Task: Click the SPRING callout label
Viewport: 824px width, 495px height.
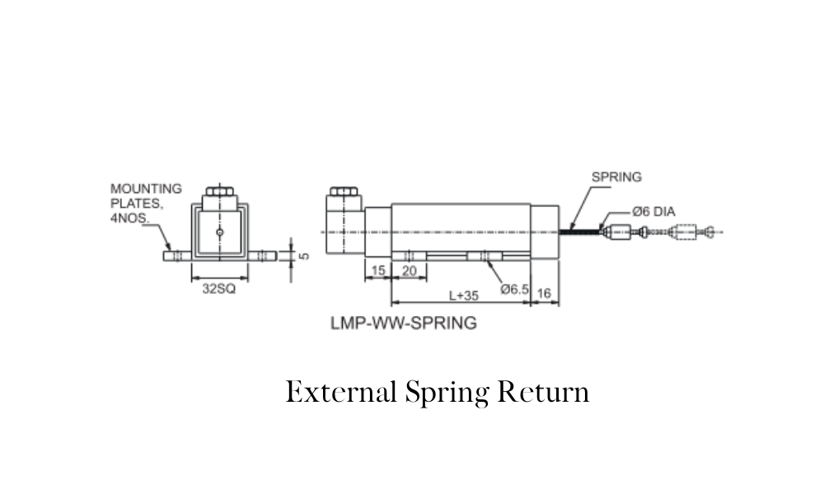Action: [616, 177]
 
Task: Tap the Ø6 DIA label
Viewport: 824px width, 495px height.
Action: [653, 211]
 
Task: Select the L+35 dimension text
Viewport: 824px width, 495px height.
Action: [463, 295]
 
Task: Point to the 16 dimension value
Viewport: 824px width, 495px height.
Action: [545, 293]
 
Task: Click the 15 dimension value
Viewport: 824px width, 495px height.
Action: [378, 271]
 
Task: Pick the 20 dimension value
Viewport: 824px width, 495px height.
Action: [409, 271]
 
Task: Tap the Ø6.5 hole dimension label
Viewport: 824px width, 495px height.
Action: [514, 290]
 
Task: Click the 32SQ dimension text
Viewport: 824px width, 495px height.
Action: [219, 289]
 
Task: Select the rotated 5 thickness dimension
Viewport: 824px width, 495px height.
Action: [304, 257]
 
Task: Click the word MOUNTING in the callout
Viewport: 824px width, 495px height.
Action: [146, 188]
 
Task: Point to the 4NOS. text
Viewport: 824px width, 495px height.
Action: [130, 218]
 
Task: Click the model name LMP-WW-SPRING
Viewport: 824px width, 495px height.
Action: [404, 323]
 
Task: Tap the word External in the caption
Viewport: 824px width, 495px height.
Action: [341, 392]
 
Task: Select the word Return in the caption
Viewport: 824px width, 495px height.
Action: [543, 392]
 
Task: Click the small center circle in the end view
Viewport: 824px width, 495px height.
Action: [220, 232]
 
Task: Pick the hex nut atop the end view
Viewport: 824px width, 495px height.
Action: [220, 191]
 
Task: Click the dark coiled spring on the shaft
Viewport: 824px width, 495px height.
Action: [579, 231]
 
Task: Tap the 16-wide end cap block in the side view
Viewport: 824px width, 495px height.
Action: [545, 232]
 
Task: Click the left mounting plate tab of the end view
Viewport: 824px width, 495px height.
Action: [178, 257]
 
